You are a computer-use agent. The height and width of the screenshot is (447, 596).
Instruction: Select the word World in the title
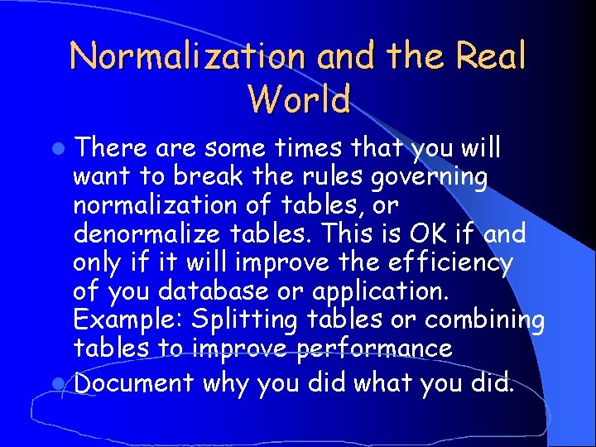[x=298, y=99]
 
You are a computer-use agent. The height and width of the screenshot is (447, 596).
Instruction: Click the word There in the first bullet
[x=112, y=148]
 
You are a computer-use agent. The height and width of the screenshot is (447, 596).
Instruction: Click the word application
[x=373, y=291]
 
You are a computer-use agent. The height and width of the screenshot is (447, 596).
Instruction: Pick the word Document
[x=133, y=383]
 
